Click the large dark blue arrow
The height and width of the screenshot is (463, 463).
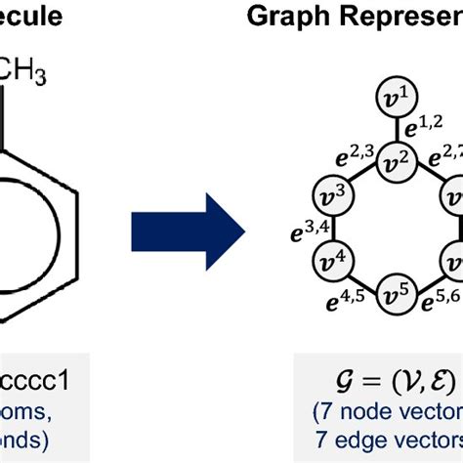pos(188,231)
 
